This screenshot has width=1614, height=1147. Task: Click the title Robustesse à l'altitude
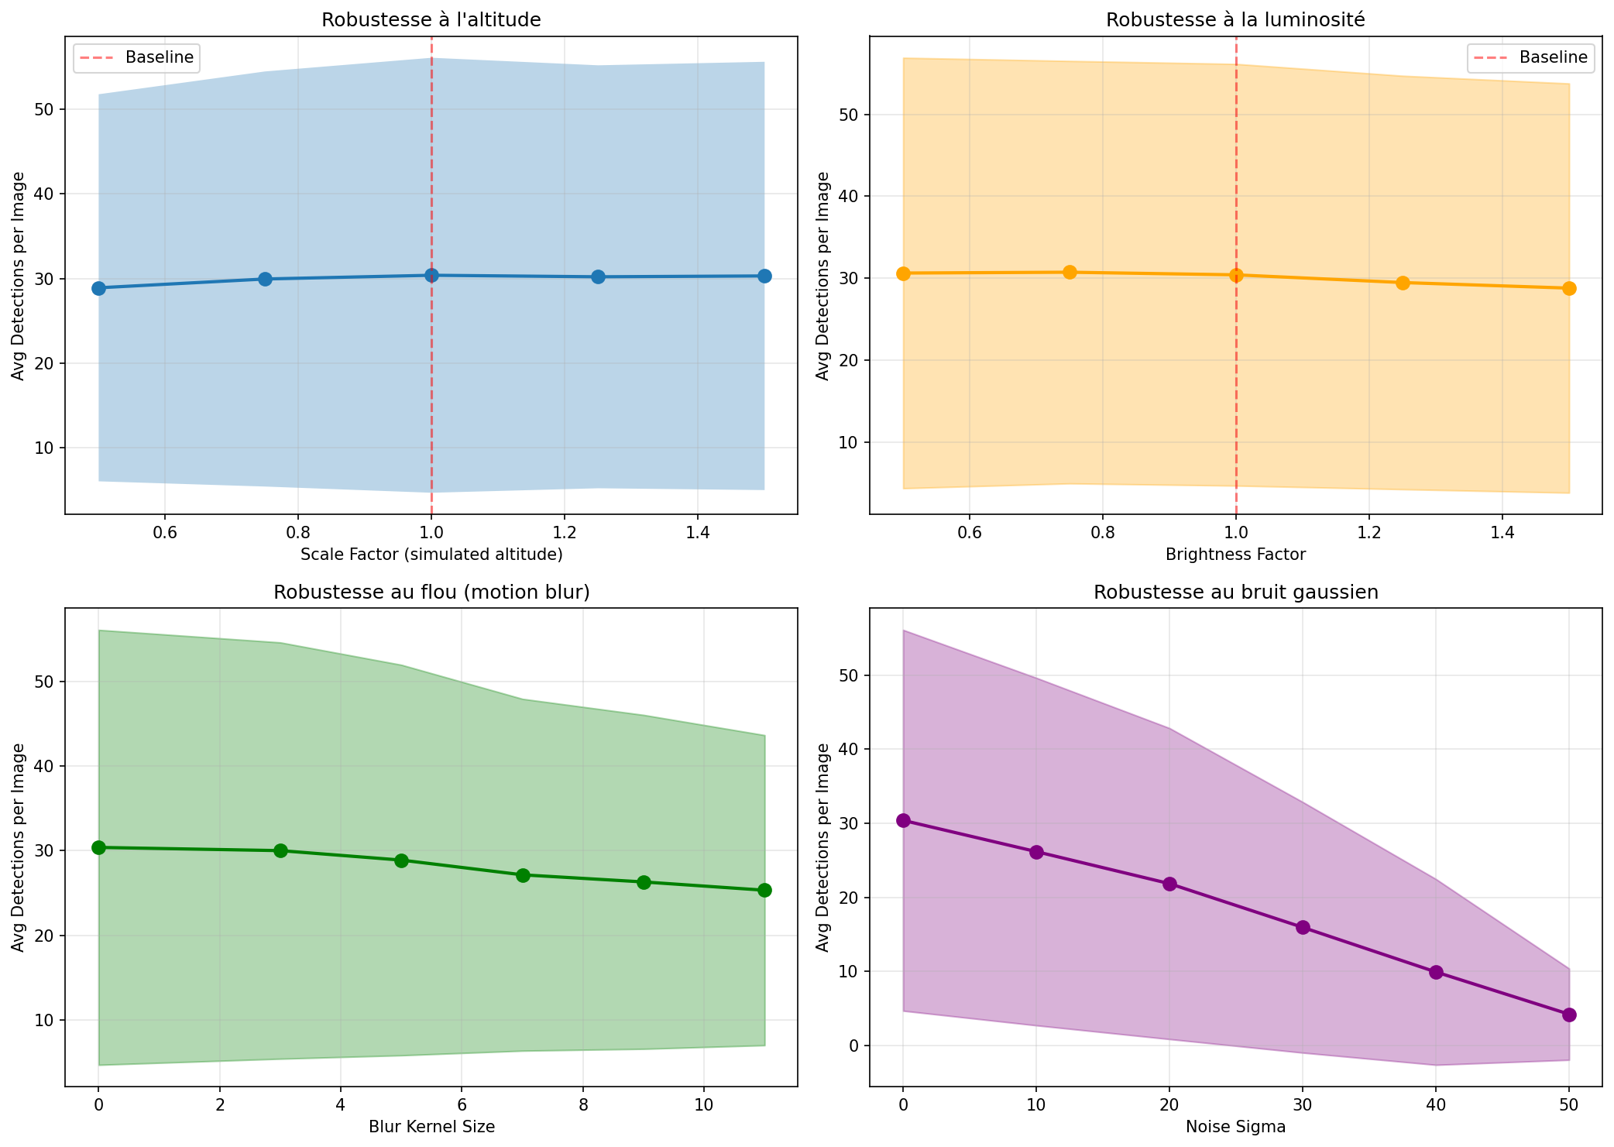pos(431,20)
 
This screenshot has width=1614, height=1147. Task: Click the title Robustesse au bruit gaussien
pos(1235,592)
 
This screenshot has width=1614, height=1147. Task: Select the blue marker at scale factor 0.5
pos(98,288)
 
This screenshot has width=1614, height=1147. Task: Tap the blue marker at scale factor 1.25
pos(598,276)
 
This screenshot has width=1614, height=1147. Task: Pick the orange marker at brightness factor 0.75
pos(1070,272)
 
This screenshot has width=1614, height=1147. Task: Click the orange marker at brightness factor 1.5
pos(1569,288)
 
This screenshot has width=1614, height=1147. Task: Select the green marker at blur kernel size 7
pos(523,875)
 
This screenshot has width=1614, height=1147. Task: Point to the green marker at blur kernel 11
pos(764,890)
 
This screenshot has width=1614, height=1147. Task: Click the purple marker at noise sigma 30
pos(1303,927)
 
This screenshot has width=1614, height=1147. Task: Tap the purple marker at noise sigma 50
pos(1569,1015)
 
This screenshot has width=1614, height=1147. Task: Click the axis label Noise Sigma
pos(1235,1127)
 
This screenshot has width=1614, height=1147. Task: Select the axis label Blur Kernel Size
pos(431,1127)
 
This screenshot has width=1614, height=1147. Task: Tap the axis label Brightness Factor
pos(1235,555)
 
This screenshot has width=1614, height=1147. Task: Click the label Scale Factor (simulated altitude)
pos(431,555)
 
